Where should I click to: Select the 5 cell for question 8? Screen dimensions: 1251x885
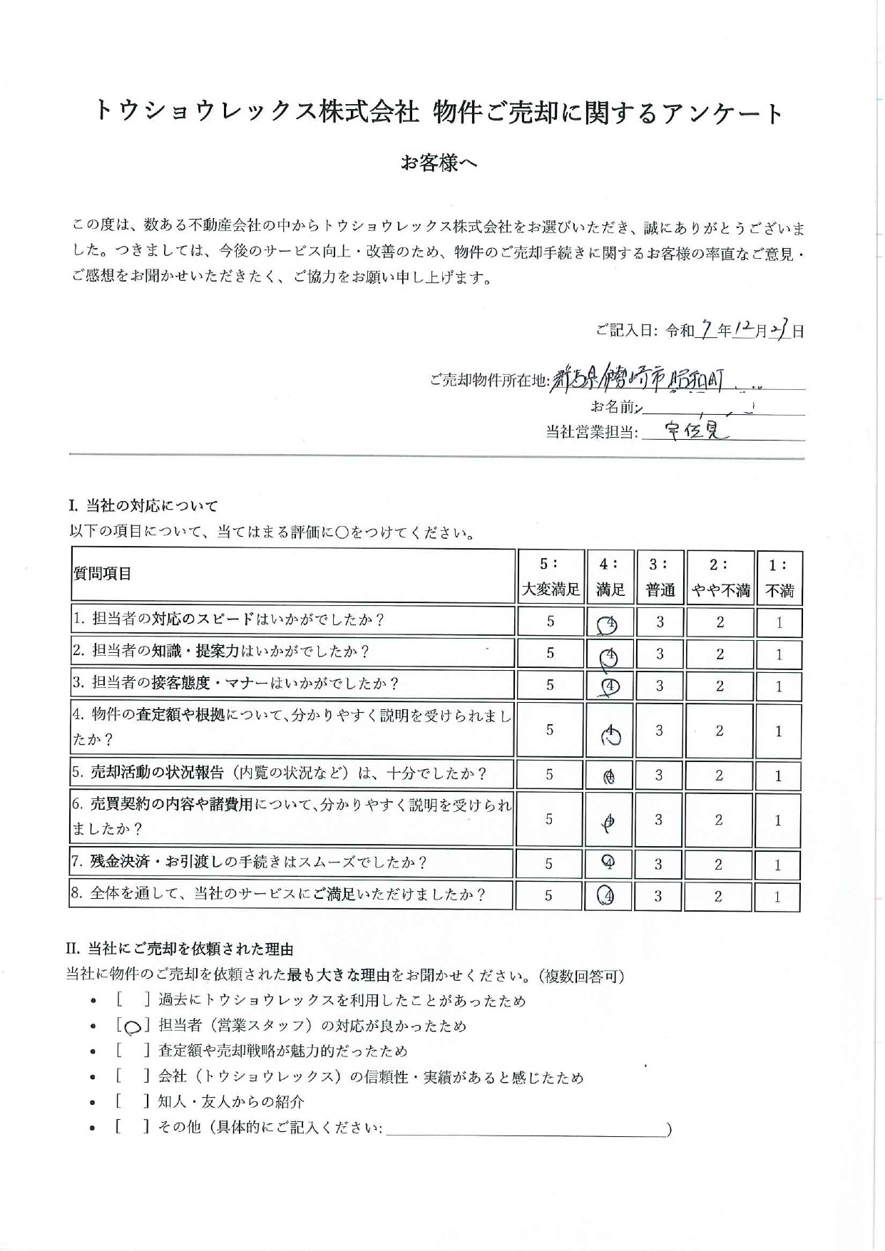coord(548,896)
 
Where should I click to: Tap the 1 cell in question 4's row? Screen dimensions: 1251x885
coord(778,731)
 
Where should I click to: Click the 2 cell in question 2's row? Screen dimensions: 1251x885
coord(720,654)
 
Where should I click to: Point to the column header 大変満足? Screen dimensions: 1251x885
coord(551,590)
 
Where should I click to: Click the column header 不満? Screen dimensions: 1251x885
coord(779,590)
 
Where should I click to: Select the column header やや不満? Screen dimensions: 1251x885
coord(720,590)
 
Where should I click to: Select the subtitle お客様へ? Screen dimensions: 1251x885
coord(439,163)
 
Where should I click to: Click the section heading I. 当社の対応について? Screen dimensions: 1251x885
coord(143,506)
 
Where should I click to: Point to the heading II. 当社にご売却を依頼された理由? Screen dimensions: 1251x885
coord(180,949)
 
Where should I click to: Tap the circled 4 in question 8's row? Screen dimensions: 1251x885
coord(606,896)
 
